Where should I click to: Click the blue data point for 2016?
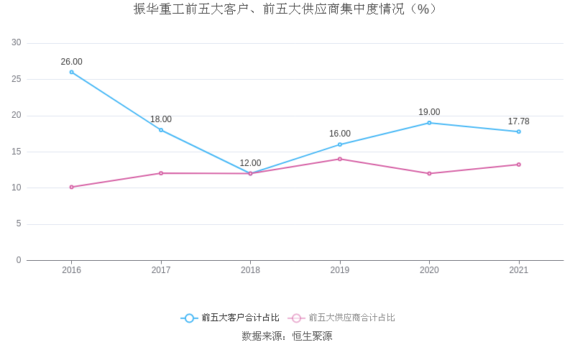click(x=72, y=72)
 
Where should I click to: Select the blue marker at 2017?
click(x=161, y=130)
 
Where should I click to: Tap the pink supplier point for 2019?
click(x=340, y=159)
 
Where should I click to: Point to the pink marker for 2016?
click(x=72, y=187)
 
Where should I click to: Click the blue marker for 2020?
click(x=429, y=123)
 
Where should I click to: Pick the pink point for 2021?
click(x=518, y=165)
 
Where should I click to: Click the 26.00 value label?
click(x=72, y=62)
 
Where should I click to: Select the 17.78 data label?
click(x=518, y=121)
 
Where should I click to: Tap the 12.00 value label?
click(x=250, y=163)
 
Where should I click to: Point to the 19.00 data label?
click(x=429, y=112)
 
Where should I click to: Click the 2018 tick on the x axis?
click(x=250, y=270)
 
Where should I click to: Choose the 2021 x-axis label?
click(x=518, y=270)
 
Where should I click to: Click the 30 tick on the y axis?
click(x=17, y=43)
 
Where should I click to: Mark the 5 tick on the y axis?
click(x=19, y=224)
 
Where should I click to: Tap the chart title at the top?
click(x=287, y=9)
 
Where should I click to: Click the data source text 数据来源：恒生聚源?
click(x=287, y=336)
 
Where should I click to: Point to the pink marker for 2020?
click(x=429, y=173)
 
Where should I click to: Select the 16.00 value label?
click(x=340, y=134)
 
